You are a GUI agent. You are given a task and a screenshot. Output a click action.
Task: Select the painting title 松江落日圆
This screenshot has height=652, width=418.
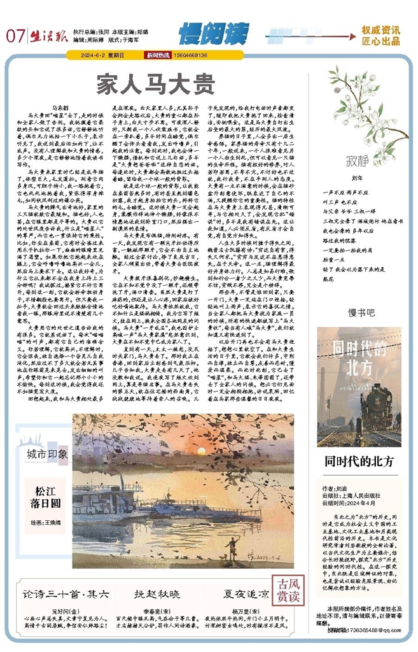pyautogui.click(x=49, y=497)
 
